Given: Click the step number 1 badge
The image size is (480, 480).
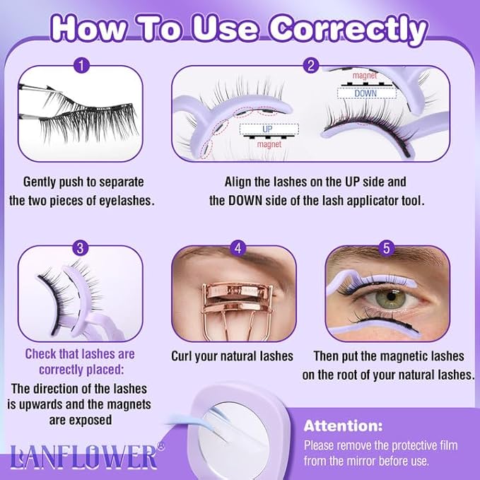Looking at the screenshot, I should tap(83, 67).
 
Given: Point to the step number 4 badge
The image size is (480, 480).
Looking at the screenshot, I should tap(238, 247).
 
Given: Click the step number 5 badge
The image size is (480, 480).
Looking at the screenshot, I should tap(386, 247).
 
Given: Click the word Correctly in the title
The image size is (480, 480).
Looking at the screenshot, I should tap(351, 28).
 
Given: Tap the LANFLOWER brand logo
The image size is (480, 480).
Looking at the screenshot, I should tap(83, 456).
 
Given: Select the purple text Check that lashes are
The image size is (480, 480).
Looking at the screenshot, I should tap(80, 353).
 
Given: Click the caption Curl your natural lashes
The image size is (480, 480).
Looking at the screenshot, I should tap(232, 356).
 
